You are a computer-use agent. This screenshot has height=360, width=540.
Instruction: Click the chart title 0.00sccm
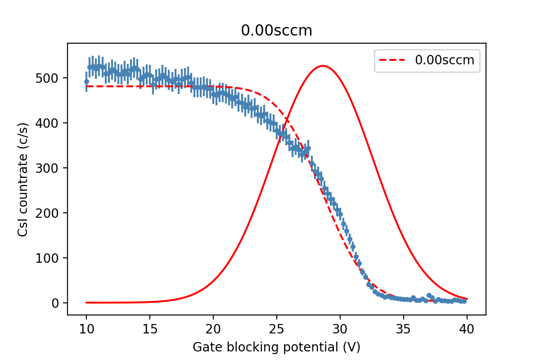point(276,31)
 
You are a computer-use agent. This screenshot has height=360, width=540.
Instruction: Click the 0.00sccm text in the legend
point(445,60)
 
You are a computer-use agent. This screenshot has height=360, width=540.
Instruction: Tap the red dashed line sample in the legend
point(392,60)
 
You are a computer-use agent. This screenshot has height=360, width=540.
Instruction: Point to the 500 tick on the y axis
point(47,78)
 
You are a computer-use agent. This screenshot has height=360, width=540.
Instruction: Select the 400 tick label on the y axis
point(47,123)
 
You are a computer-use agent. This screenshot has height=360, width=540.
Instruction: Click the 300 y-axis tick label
point(47,168)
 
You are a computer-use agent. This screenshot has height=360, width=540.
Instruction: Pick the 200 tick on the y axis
point(47,213)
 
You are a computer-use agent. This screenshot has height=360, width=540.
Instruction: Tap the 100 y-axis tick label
point(47,258)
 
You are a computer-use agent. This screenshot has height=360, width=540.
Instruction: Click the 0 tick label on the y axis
point(55,303)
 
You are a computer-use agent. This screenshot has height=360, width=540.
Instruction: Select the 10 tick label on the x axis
point(86,329)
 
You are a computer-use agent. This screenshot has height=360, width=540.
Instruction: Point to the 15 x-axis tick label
point(150,329)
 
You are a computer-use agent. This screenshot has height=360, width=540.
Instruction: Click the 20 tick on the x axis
point(213,329)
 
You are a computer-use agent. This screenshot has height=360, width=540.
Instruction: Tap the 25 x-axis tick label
point(277,329)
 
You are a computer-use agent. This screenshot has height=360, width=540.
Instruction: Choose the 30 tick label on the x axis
point(340,329)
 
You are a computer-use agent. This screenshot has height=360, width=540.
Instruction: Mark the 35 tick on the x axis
point(404,329)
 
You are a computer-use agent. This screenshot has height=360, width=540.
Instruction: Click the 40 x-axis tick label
point(467,329)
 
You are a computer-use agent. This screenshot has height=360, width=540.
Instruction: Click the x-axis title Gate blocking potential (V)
point(276,347)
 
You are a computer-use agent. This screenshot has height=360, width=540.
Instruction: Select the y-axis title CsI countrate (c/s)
point(23,180)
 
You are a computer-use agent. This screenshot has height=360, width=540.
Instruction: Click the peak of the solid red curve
point(323,66)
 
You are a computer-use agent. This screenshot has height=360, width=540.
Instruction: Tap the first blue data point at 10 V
point(86,82)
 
